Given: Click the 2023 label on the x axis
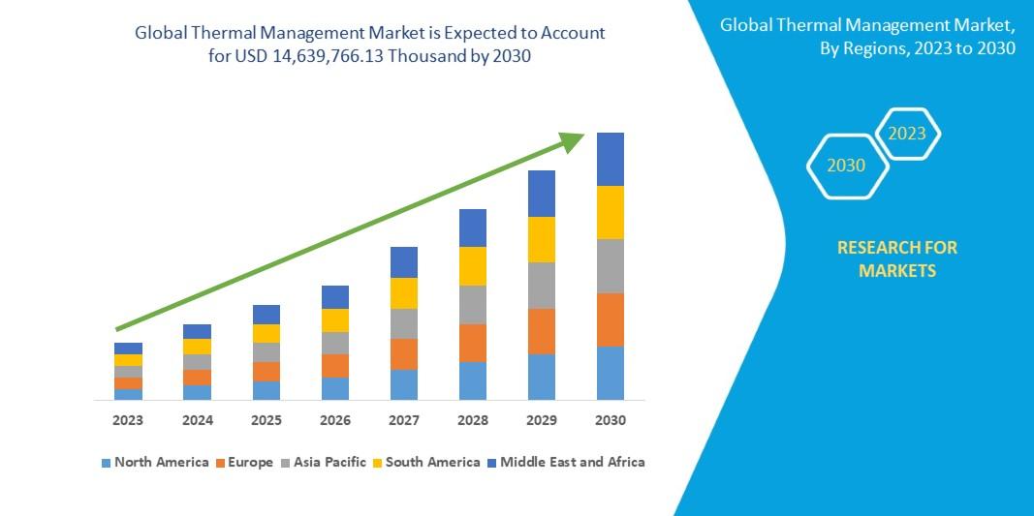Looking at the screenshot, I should [128, 420].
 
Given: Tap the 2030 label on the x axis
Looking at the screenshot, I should [611, 420].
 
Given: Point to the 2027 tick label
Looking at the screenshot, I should [404, 420].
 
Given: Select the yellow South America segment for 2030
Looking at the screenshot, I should [611, 212].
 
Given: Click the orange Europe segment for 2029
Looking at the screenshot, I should [542, 331].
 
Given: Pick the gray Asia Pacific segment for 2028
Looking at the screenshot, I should [473, 304].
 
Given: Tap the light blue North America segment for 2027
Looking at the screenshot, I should [404, 384].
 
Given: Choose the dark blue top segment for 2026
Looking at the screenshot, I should [335, 296].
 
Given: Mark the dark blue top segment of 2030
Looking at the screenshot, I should [611, 159].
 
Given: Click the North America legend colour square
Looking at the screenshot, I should [106, 463].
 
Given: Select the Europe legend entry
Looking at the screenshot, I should [244, 462].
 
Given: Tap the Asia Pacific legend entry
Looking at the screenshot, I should [324, 462].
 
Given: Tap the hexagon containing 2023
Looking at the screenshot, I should [907, 134].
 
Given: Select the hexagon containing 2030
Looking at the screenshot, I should [846, 166].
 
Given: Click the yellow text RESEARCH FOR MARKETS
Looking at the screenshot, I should [896, 259].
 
